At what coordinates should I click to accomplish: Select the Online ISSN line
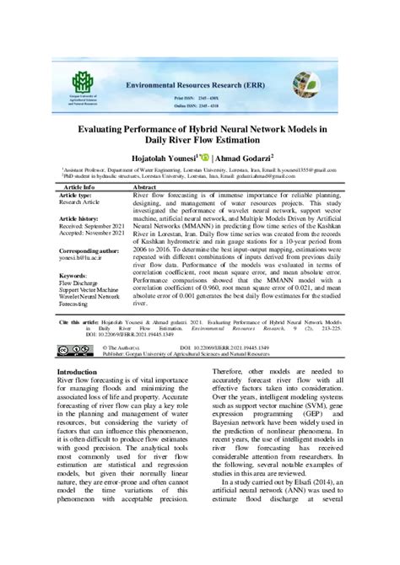coord(208,110)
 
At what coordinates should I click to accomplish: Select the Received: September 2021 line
coord(90,226)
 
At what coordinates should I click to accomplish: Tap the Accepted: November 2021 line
coord(89,234)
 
